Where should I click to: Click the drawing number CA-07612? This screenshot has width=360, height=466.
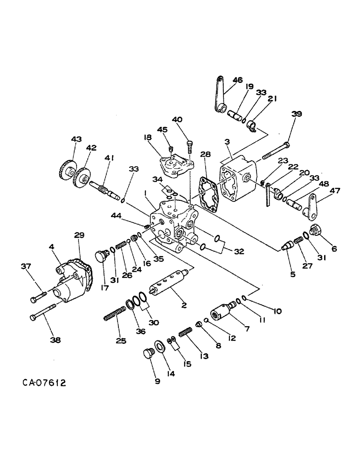click(x=44, y=383)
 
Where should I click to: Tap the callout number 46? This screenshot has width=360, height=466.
click(x=237, y=80)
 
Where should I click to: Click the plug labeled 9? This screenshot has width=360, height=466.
click(x=148, y=354)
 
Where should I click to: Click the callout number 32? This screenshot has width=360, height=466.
click(x=239, y=252)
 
